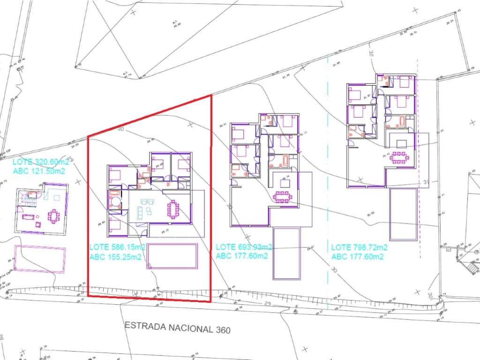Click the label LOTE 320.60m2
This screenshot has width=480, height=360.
pos(41,162)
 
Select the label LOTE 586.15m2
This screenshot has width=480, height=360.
pos(118,247)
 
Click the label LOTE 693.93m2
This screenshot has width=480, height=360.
pos(244,247)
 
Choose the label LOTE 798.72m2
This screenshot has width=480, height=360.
pos(360,247)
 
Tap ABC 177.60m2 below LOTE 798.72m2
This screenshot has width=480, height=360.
pos(358,256)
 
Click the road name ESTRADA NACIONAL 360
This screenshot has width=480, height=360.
pos(178,327)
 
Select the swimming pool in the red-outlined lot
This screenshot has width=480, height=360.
pos(172,256)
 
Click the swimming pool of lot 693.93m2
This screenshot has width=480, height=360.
pos(287,253)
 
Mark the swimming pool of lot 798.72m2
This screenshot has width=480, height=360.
pos(403,214)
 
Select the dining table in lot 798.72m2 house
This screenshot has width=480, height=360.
pos(400,157)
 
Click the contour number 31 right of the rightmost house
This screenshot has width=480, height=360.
pos(426,181)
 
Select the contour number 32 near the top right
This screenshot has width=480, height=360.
pos(371,54)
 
